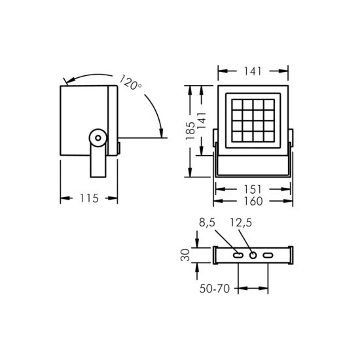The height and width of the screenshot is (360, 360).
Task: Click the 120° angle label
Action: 130,82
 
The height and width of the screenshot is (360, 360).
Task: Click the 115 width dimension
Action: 89,198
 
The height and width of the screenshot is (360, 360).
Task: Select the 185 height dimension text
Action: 190,131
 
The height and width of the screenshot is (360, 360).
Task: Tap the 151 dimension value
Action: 253,189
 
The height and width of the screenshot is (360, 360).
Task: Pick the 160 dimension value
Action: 253,201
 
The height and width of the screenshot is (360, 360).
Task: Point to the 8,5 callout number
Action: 207,223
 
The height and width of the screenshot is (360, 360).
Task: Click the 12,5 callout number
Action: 241,223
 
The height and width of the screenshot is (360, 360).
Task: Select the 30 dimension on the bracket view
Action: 185,255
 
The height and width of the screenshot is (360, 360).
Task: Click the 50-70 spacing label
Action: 215,289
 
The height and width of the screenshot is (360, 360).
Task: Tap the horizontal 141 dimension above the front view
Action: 253,71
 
